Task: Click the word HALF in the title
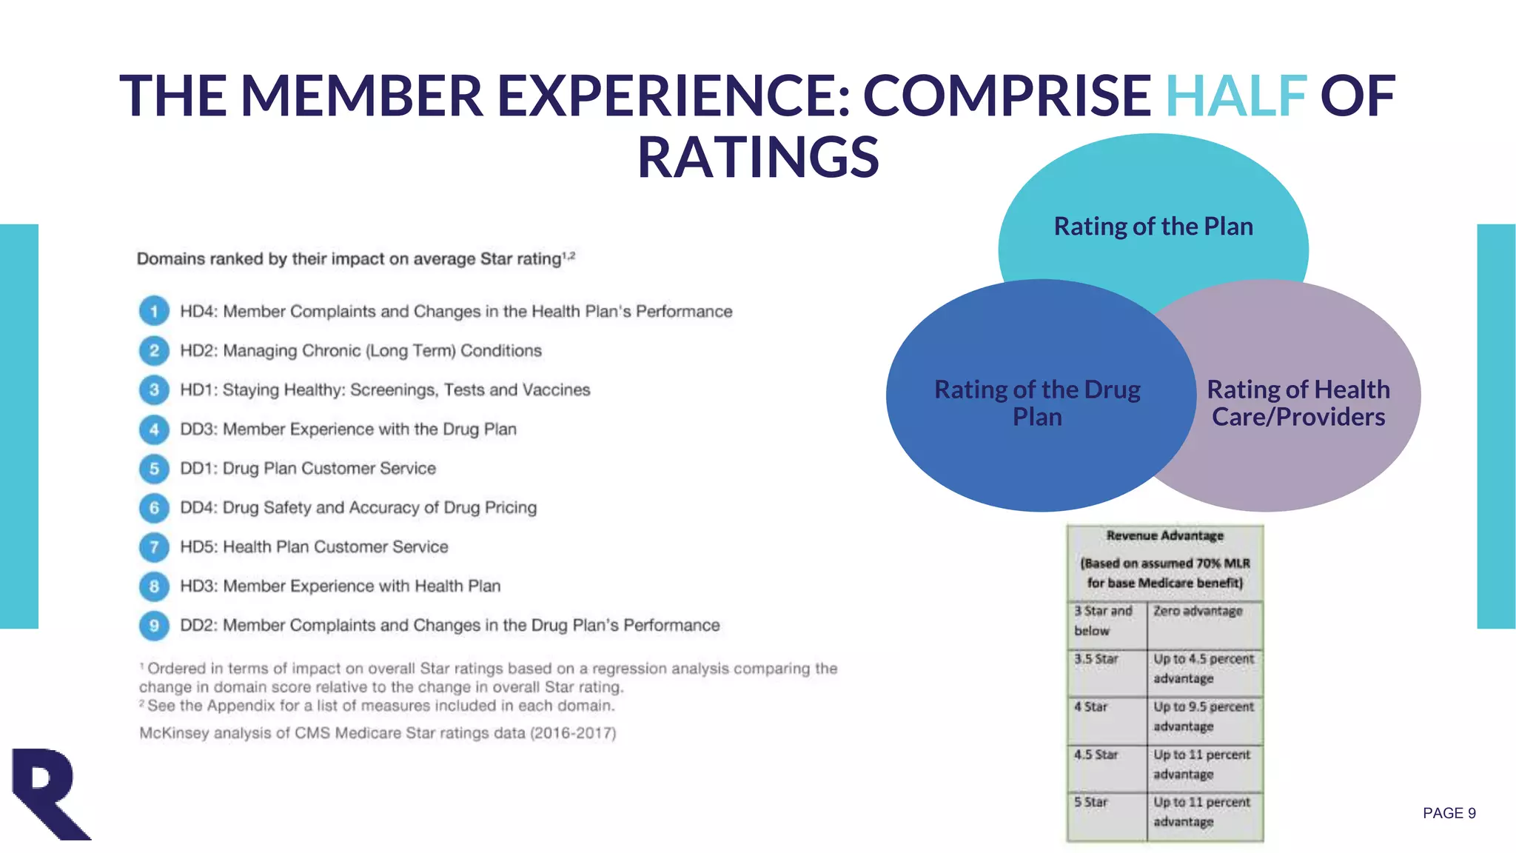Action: click(x=1235, y=96)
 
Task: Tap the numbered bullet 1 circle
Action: click(x=154, y=311)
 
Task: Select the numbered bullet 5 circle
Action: click(x=154, y=468)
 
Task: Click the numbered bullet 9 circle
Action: click(x=154, y=625)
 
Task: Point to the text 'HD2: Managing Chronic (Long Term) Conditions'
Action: click(x=360, y=350)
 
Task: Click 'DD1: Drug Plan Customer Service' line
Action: click(x=308, y=468)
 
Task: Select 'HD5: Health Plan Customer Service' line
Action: click(x=314, y=546)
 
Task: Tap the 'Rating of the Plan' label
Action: click(x=1153, y=226)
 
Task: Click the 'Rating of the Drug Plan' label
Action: click(x=1037, y=403)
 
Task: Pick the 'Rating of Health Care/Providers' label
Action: click(x=1298, y=403)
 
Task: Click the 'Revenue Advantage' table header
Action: click(x=1164, y=535)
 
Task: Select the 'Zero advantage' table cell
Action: click(x=1198, y=611)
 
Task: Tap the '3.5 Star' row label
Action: click(x=1096, y=659)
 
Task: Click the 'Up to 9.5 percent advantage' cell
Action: click(x=1203, y=716)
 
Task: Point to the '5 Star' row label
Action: click(x=1091, y=802)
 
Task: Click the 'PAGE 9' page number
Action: click(x=1449, y=813)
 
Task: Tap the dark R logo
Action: click(x=49, y=794)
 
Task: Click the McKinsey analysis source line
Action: click(x=378, y=733)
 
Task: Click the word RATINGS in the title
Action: click(x=758, y=157)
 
